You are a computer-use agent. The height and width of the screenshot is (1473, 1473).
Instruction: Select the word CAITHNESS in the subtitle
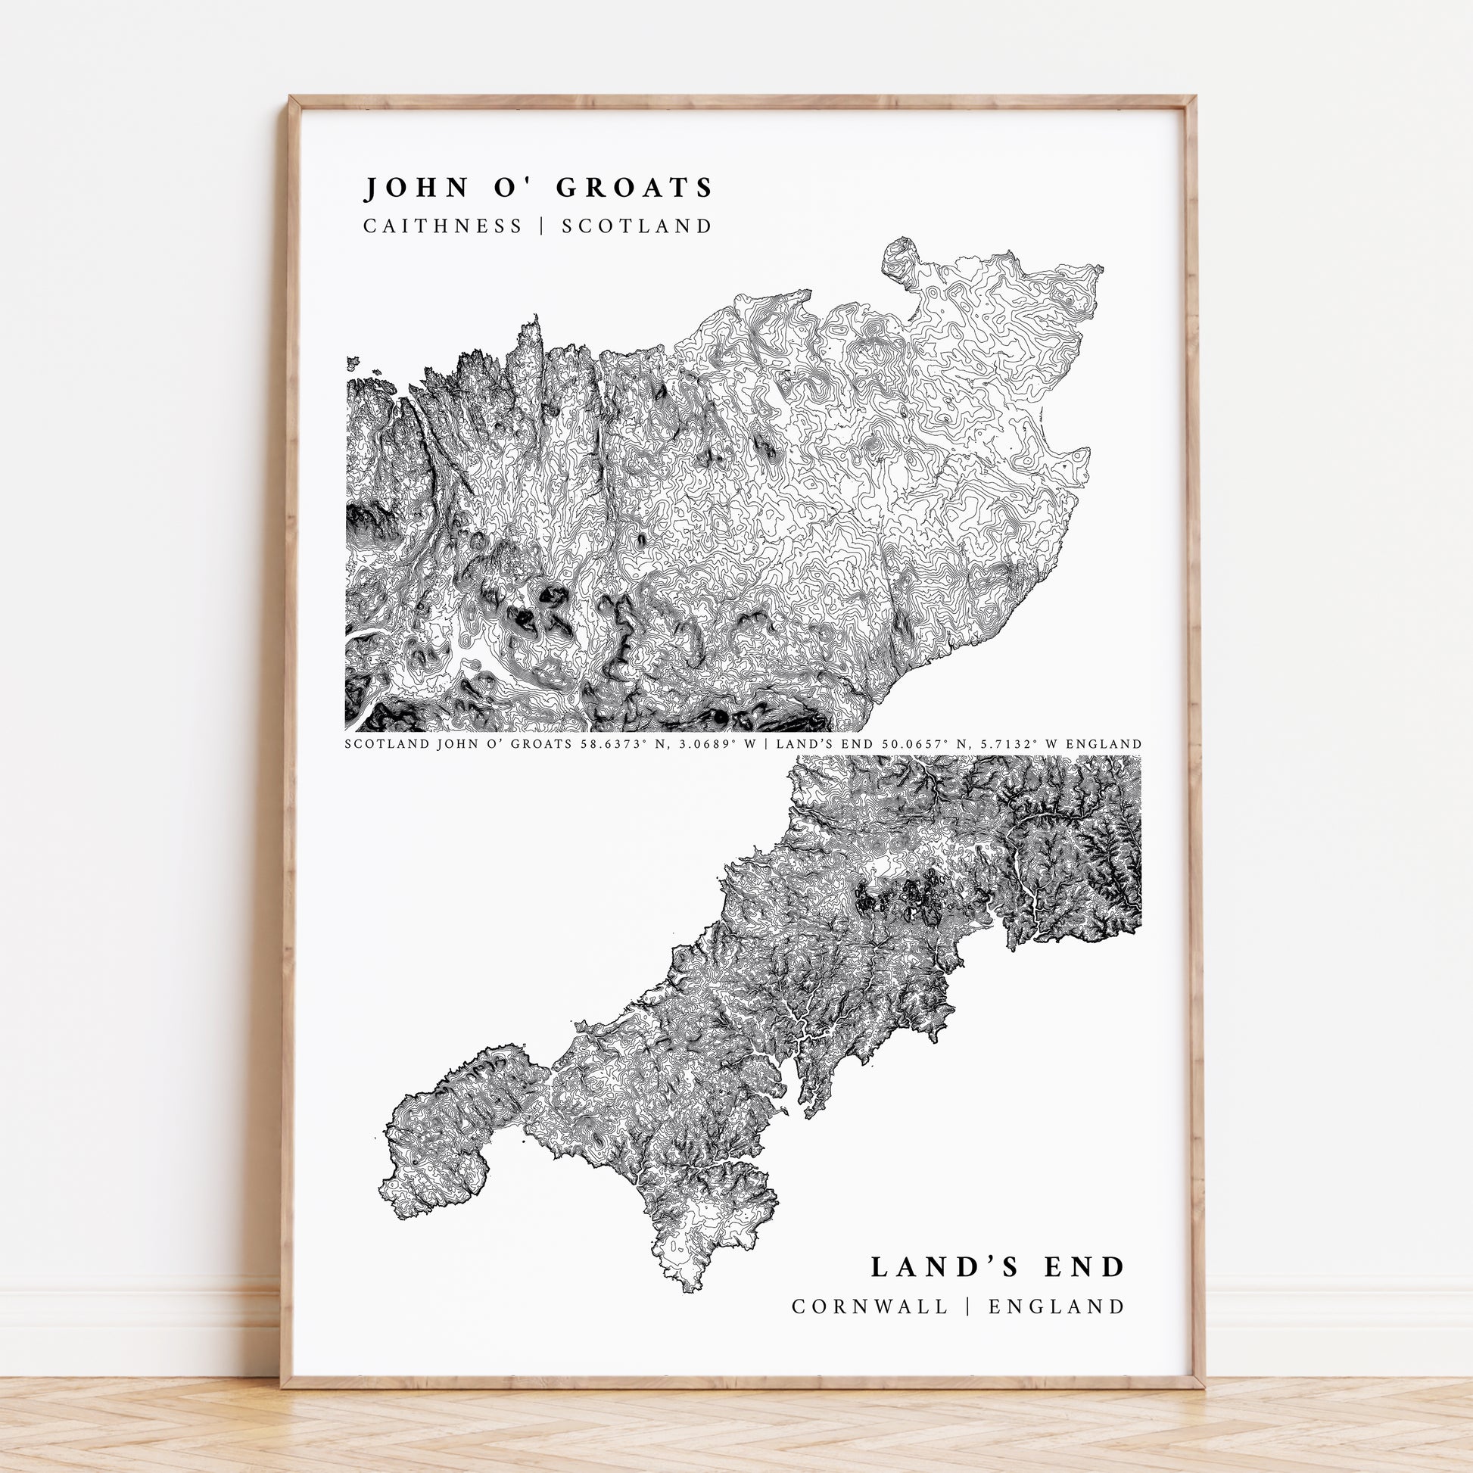point(443,226)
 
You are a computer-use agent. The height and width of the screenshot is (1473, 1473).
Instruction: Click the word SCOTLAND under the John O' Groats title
point(637,226)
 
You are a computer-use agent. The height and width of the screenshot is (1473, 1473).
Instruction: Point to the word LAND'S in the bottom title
point(933,1267)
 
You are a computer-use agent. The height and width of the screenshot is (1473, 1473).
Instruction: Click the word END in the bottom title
point(1085,1267)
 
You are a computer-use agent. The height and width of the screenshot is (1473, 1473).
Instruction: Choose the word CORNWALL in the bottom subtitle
point(870,1306)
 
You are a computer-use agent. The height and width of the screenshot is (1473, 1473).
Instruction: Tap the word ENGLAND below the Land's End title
point(1057,1306)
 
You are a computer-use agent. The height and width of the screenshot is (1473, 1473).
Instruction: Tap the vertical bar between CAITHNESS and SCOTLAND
point(542,226)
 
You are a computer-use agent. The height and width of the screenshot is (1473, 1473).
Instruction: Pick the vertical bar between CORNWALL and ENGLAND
point(968,1306)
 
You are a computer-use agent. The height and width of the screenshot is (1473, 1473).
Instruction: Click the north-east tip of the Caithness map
point(1098,269)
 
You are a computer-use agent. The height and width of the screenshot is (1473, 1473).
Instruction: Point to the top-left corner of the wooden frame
point(291,98)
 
